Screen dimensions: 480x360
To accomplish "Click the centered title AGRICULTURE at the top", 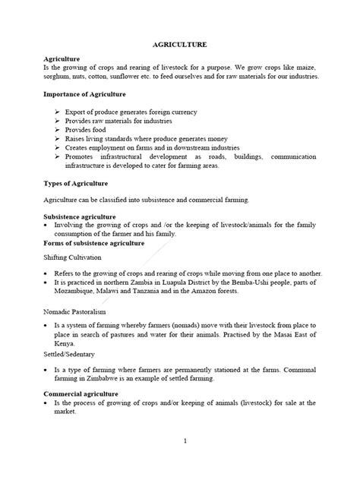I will [179, 46].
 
